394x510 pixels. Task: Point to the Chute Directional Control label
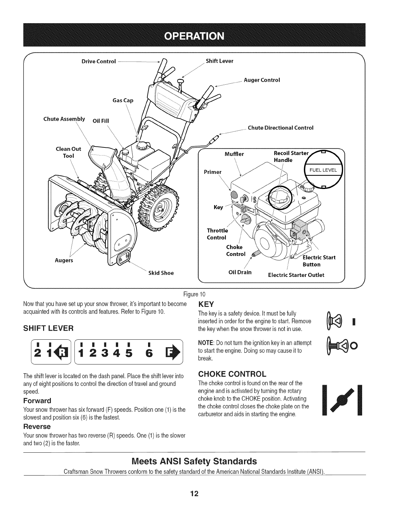[x=280, y=127]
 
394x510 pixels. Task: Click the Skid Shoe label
[x=161, y=273]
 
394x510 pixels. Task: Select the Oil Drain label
[x=240, y=272]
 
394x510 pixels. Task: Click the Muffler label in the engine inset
[x=234, y=154]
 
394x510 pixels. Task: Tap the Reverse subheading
[x=37, y=427]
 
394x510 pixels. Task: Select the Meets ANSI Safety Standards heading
[x=195, y=461]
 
